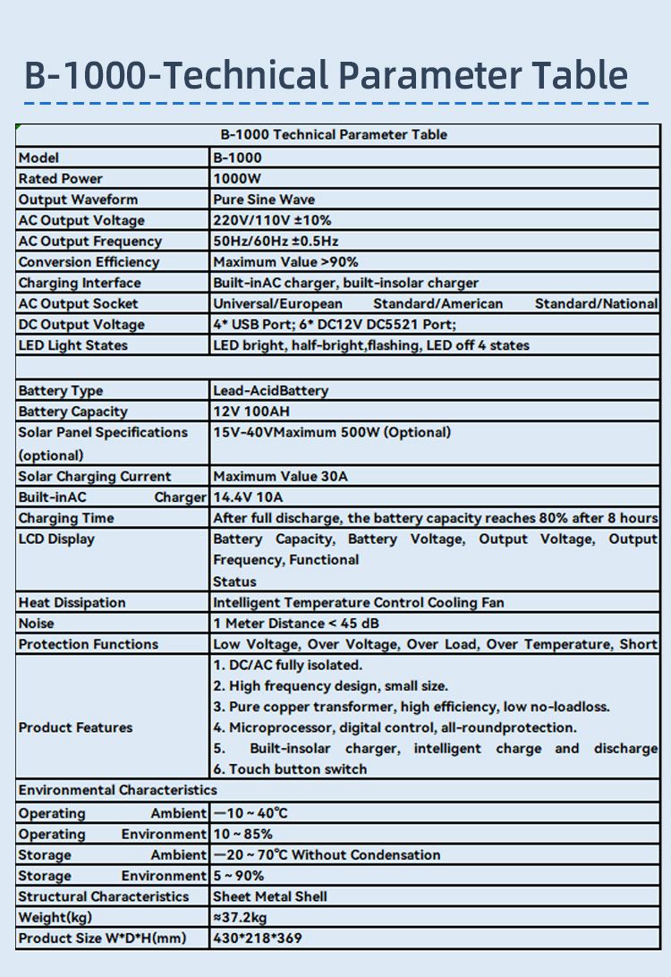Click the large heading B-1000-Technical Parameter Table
pos(326,75)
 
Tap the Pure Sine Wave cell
pos(264,200)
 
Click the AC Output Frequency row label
pos(89,242)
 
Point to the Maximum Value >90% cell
pos(285,262)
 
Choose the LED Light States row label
pos(72,345)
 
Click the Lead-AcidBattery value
pos(270,391)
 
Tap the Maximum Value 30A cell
pos(280,477)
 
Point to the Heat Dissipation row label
pos(72,603)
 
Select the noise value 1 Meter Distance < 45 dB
pos(310,624)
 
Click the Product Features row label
pos(75,727)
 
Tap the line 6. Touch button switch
pos(290,769)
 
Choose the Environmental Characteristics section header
pos(117,790)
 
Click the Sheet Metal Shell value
pos(270,896)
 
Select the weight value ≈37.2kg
pos(240,917)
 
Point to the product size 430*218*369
pos(258,939)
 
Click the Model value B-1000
pos(237,157)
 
